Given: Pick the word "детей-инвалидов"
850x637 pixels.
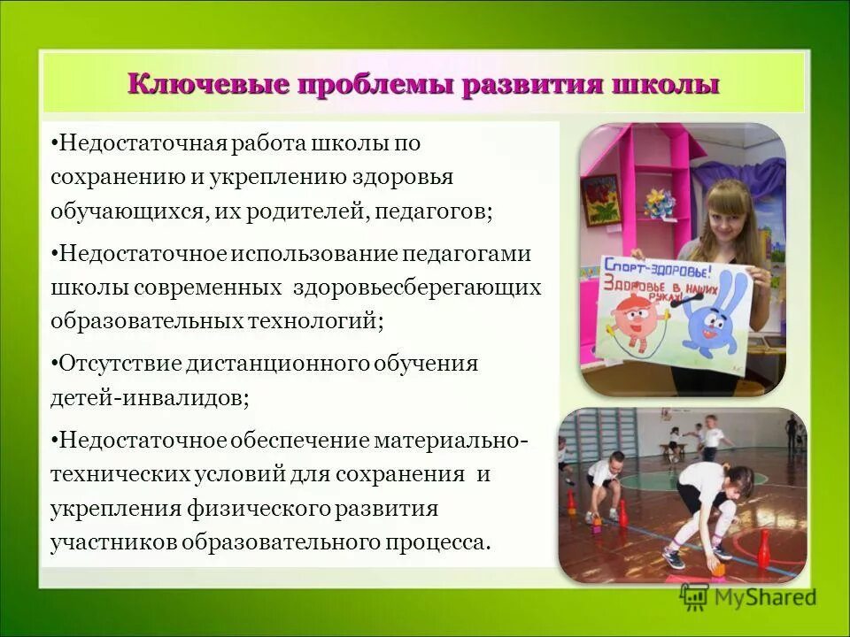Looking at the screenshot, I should pyautogui.click(x=150, y=397).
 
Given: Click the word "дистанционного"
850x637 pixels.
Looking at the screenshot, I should pyautogui.click(x=282, y=364).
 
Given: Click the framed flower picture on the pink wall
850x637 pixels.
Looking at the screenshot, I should pyautogui.click(x=601, y=199).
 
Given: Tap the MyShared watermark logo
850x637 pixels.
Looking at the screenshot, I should pyautogui.click(x=748, y=596).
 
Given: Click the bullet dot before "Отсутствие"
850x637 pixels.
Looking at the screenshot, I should pyautogui.click(x=56, y=364).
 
